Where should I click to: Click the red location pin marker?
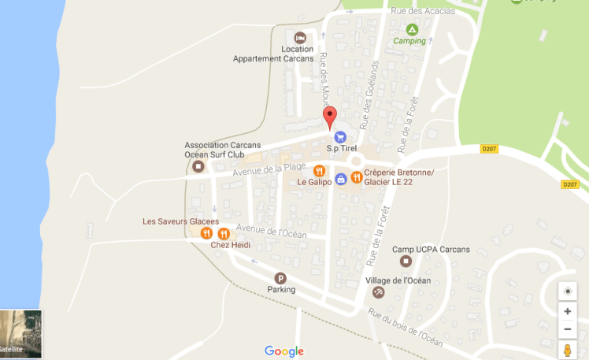(331, 117)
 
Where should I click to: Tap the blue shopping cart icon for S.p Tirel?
(341, 137)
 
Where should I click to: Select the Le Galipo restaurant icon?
(320, 171)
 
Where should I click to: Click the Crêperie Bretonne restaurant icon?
(357, 177)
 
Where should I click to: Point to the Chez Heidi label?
(230, 245)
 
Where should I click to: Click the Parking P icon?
(281, 277)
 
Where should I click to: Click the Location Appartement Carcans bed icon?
(300, 38)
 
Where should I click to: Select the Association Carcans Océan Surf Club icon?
(198, 166)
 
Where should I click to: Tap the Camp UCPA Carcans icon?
(406, 261)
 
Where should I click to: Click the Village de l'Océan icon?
(378, 292)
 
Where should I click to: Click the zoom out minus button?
(568, 329)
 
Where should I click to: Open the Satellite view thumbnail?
(21, 334)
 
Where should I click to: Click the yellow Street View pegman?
(568, 351)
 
